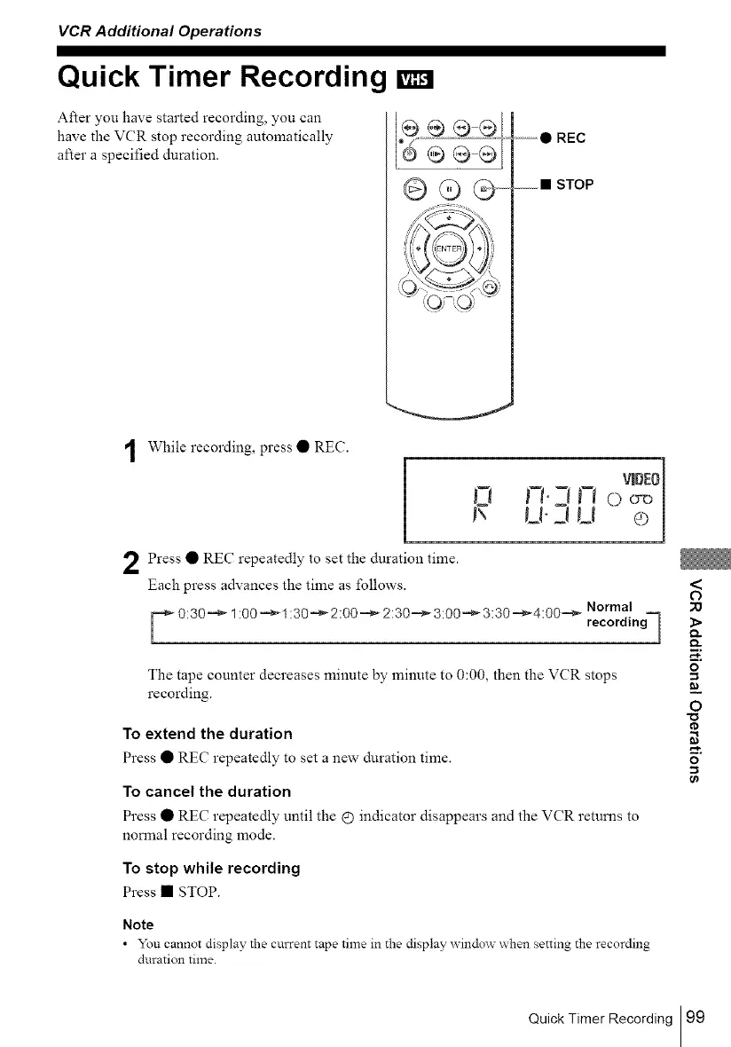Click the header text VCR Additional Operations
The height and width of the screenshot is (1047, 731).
160,31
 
